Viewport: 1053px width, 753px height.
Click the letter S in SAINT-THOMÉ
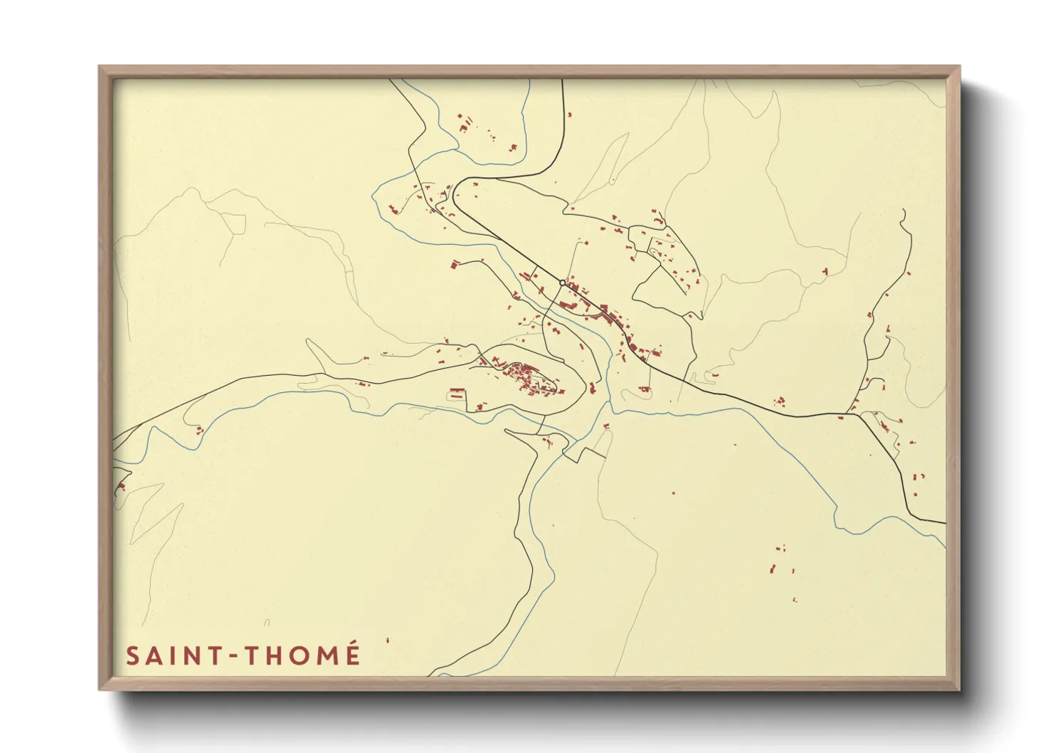point(132,655)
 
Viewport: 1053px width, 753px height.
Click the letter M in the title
point(324,655)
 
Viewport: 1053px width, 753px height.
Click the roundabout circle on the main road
point(562,283)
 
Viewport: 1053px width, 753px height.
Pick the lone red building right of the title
point(388,641)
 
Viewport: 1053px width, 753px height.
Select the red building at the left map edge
point(122,487)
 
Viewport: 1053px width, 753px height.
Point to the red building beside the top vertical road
point(569,114)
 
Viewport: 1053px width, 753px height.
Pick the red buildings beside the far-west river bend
point(200,429)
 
